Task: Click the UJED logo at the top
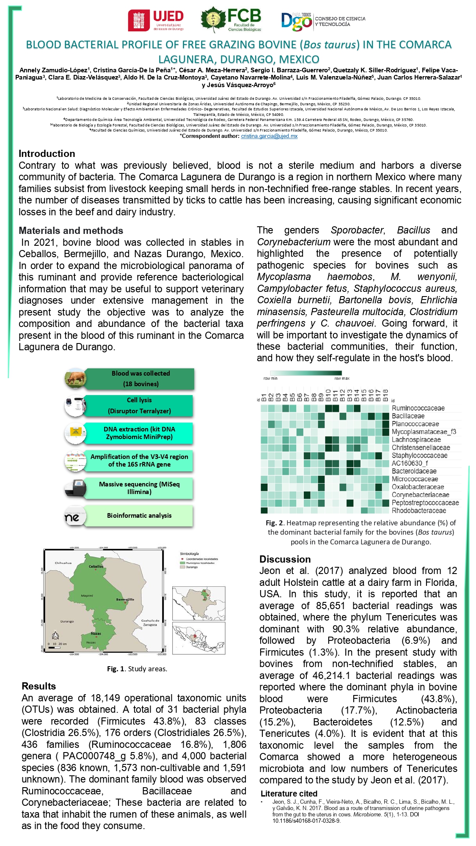tap(156, 21)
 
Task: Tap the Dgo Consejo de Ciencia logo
tap(323, 21)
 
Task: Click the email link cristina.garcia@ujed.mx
tap(269, 136)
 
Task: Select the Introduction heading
tap(47, 154)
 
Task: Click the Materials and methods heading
tap(71, 231)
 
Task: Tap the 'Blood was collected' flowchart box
tap(140, 379)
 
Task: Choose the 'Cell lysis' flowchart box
tap(139, 405)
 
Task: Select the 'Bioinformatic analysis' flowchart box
tap(139, 516)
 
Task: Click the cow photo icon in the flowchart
tap(75, 378)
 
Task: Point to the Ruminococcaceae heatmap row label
tap(418, 408)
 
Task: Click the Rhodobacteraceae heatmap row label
tap(419, 511)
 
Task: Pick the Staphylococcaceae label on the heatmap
tap(419, 456)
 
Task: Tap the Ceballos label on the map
tap(96, 566)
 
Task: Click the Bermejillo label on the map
tap(125, 599)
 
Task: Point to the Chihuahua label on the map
tap(63, 563)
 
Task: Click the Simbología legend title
tap(189, 554)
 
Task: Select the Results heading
tap(39, 686)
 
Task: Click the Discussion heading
tap(285, 559)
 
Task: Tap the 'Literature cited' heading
tap(289, 794)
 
